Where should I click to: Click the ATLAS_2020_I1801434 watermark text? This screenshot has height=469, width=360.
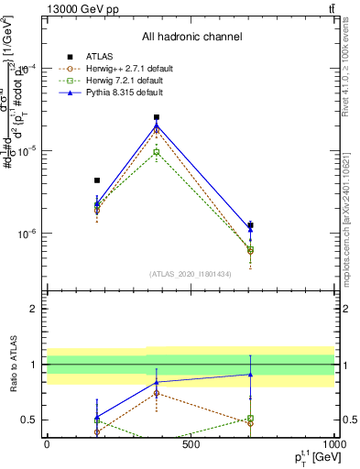(x=191, y=274)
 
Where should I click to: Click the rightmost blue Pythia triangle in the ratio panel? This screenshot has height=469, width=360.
(x=250, y=374)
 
